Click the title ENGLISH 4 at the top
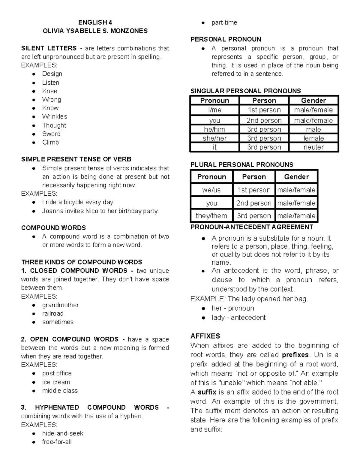(95, 22)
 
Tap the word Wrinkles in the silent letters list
(55, 116)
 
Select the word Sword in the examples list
(51, 134)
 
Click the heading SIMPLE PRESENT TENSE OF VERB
(76, 159)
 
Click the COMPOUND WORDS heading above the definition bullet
(53, 228)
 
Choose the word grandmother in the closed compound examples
(60, 305)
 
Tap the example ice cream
(56, 382)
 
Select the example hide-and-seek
(63, 433)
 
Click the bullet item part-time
(224, 23)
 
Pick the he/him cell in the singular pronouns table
(214, 129)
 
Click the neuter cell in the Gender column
(313, 147)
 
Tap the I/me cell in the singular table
(214, 110)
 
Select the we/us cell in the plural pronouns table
(211, 190)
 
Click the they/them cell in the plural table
(211, 215)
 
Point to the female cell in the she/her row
(313, 138)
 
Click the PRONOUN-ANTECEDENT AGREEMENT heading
(252, 227)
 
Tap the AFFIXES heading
(205, 336)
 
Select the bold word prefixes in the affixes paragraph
(295, 355)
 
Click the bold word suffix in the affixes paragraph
(207, 392)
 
